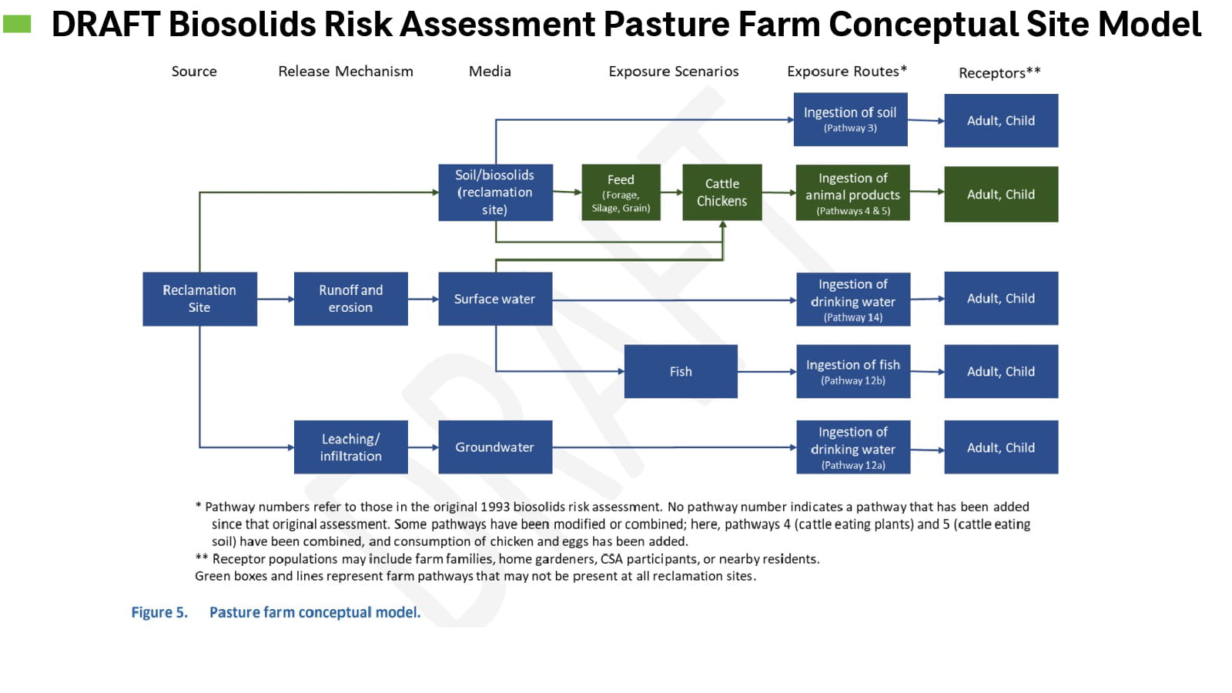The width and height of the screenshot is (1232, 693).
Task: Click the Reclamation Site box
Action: (199, 299)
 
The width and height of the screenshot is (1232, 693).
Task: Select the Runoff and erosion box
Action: (350, 299)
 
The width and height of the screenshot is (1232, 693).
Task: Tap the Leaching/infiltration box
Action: (350, 447)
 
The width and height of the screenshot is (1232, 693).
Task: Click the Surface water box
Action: (495, 299)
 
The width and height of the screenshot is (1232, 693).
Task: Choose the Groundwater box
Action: (495, 447)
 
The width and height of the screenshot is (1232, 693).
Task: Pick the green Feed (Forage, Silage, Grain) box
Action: (621, 192)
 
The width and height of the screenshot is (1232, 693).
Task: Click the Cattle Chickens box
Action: (721, 192)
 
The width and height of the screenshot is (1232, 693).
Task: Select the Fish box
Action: (681, 371)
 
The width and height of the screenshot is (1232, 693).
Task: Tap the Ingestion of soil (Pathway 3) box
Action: (850, 119)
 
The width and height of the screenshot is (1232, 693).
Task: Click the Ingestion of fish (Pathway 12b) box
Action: (853, 371)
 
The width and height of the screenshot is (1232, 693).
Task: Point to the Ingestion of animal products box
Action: (852, 193)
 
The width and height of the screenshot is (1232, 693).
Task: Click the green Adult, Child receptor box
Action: (1001, 194)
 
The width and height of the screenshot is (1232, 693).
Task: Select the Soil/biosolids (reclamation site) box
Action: (495, 192)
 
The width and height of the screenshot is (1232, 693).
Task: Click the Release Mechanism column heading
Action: (346, 72)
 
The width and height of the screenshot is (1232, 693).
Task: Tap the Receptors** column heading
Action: (999, 73)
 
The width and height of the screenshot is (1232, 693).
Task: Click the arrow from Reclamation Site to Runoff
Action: (276, 299)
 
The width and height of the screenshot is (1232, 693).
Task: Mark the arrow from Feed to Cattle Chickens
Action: (671, 192)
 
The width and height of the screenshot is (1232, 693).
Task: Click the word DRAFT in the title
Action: (105, 25)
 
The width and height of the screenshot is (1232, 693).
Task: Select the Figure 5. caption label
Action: (159, 613)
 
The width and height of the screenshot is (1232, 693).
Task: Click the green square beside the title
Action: (17, 25)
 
